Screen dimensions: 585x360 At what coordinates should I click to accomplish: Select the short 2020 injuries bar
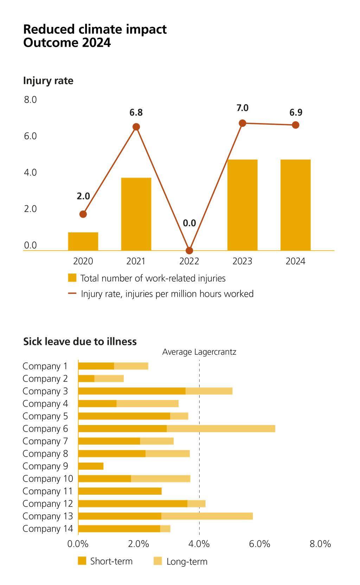tap(83, 241)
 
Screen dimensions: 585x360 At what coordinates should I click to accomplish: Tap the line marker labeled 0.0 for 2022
tap(189, 250)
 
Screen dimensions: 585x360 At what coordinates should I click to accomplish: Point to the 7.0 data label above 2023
tap(242, 108)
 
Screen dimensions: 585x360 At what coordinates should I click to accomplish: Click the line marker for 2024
tap(296, 125)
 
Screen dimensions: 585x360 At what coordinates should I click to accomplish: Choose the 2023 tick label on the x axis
tap(242, 261)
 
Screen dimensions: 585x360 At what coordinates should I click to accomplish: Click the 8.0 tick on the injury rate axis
tap(30, 100)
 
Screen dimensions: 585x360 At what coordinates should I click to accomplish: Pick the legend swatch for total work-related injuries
tap(72, 278)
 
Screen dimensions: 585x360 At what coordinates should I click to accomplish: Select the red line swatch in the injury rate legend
tap(72, 293)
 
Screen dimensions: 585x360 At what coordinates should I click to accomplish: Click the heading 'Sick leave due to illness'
tap(80, 341)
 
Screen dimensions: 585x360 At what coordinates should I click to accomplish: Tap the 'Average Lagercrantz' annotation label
tap(199, 352)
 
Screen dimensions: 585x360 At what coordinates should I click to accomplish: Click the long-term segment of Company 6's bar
tap(221, 429)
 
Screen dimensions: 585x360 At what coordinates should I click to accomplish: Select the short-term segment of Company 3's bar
tap(132, 391)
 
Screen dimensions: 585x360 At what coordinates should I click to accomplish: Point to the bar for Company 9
tap(91, 466)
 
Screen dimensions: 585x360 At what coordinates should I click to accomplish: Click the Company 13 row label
tap(48, 516)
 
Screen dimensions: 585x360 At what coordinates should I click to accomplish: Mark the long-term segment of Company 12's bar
tap(197, 503)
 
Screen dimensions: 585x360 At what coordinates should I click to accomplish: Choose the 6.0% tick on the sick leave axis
tap(259, 544)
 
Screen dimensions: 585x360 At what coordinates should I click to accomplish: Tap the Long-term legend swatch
tap(158, 561)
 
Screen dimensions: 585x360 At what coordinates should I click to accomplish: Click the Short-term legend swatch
tap(82, 561)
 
